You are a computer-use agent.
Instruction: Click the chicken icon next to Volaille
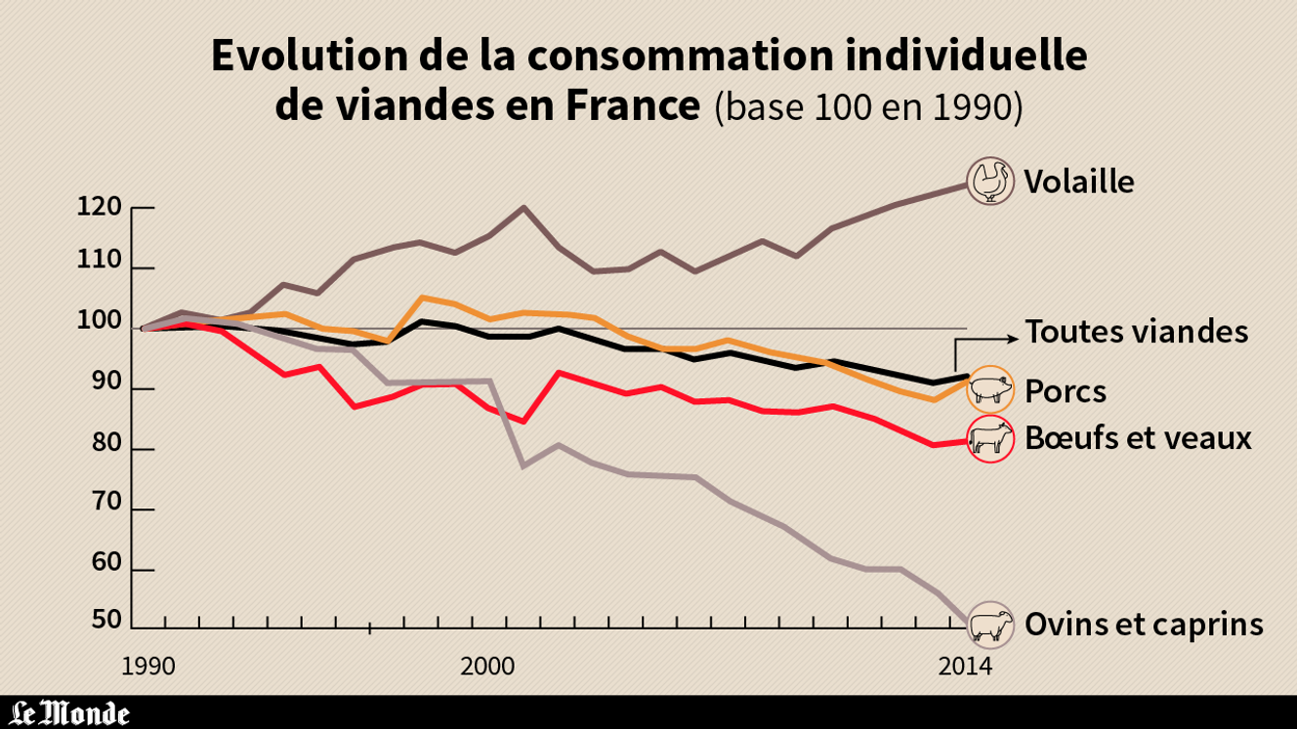[x=990, y=181]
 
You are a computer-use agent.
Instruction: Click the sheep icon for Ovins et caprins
[x=990, y=625]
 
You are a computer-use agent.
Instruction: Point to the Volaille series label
[x=1078, y=182]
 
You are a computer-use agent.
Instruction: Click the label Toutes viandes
[x=1136, y=332]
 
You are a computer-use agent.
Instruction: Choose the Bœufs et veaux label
[x=1138, y=438]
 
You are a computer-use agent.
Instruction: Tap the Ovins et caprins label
[x=1144, y=625]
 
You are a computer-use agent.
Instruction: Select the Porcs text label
[x=1066, y=391]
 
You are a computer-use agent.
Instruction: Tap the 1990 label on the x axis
[x=148, y=667]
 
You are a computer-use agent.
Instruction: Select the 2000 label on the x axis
[x=488, y=667]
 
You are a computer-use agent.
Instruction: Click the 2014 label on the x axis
[x=964, y=667]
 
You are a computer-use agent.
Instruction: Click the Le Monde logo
[x=70, y=712]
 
